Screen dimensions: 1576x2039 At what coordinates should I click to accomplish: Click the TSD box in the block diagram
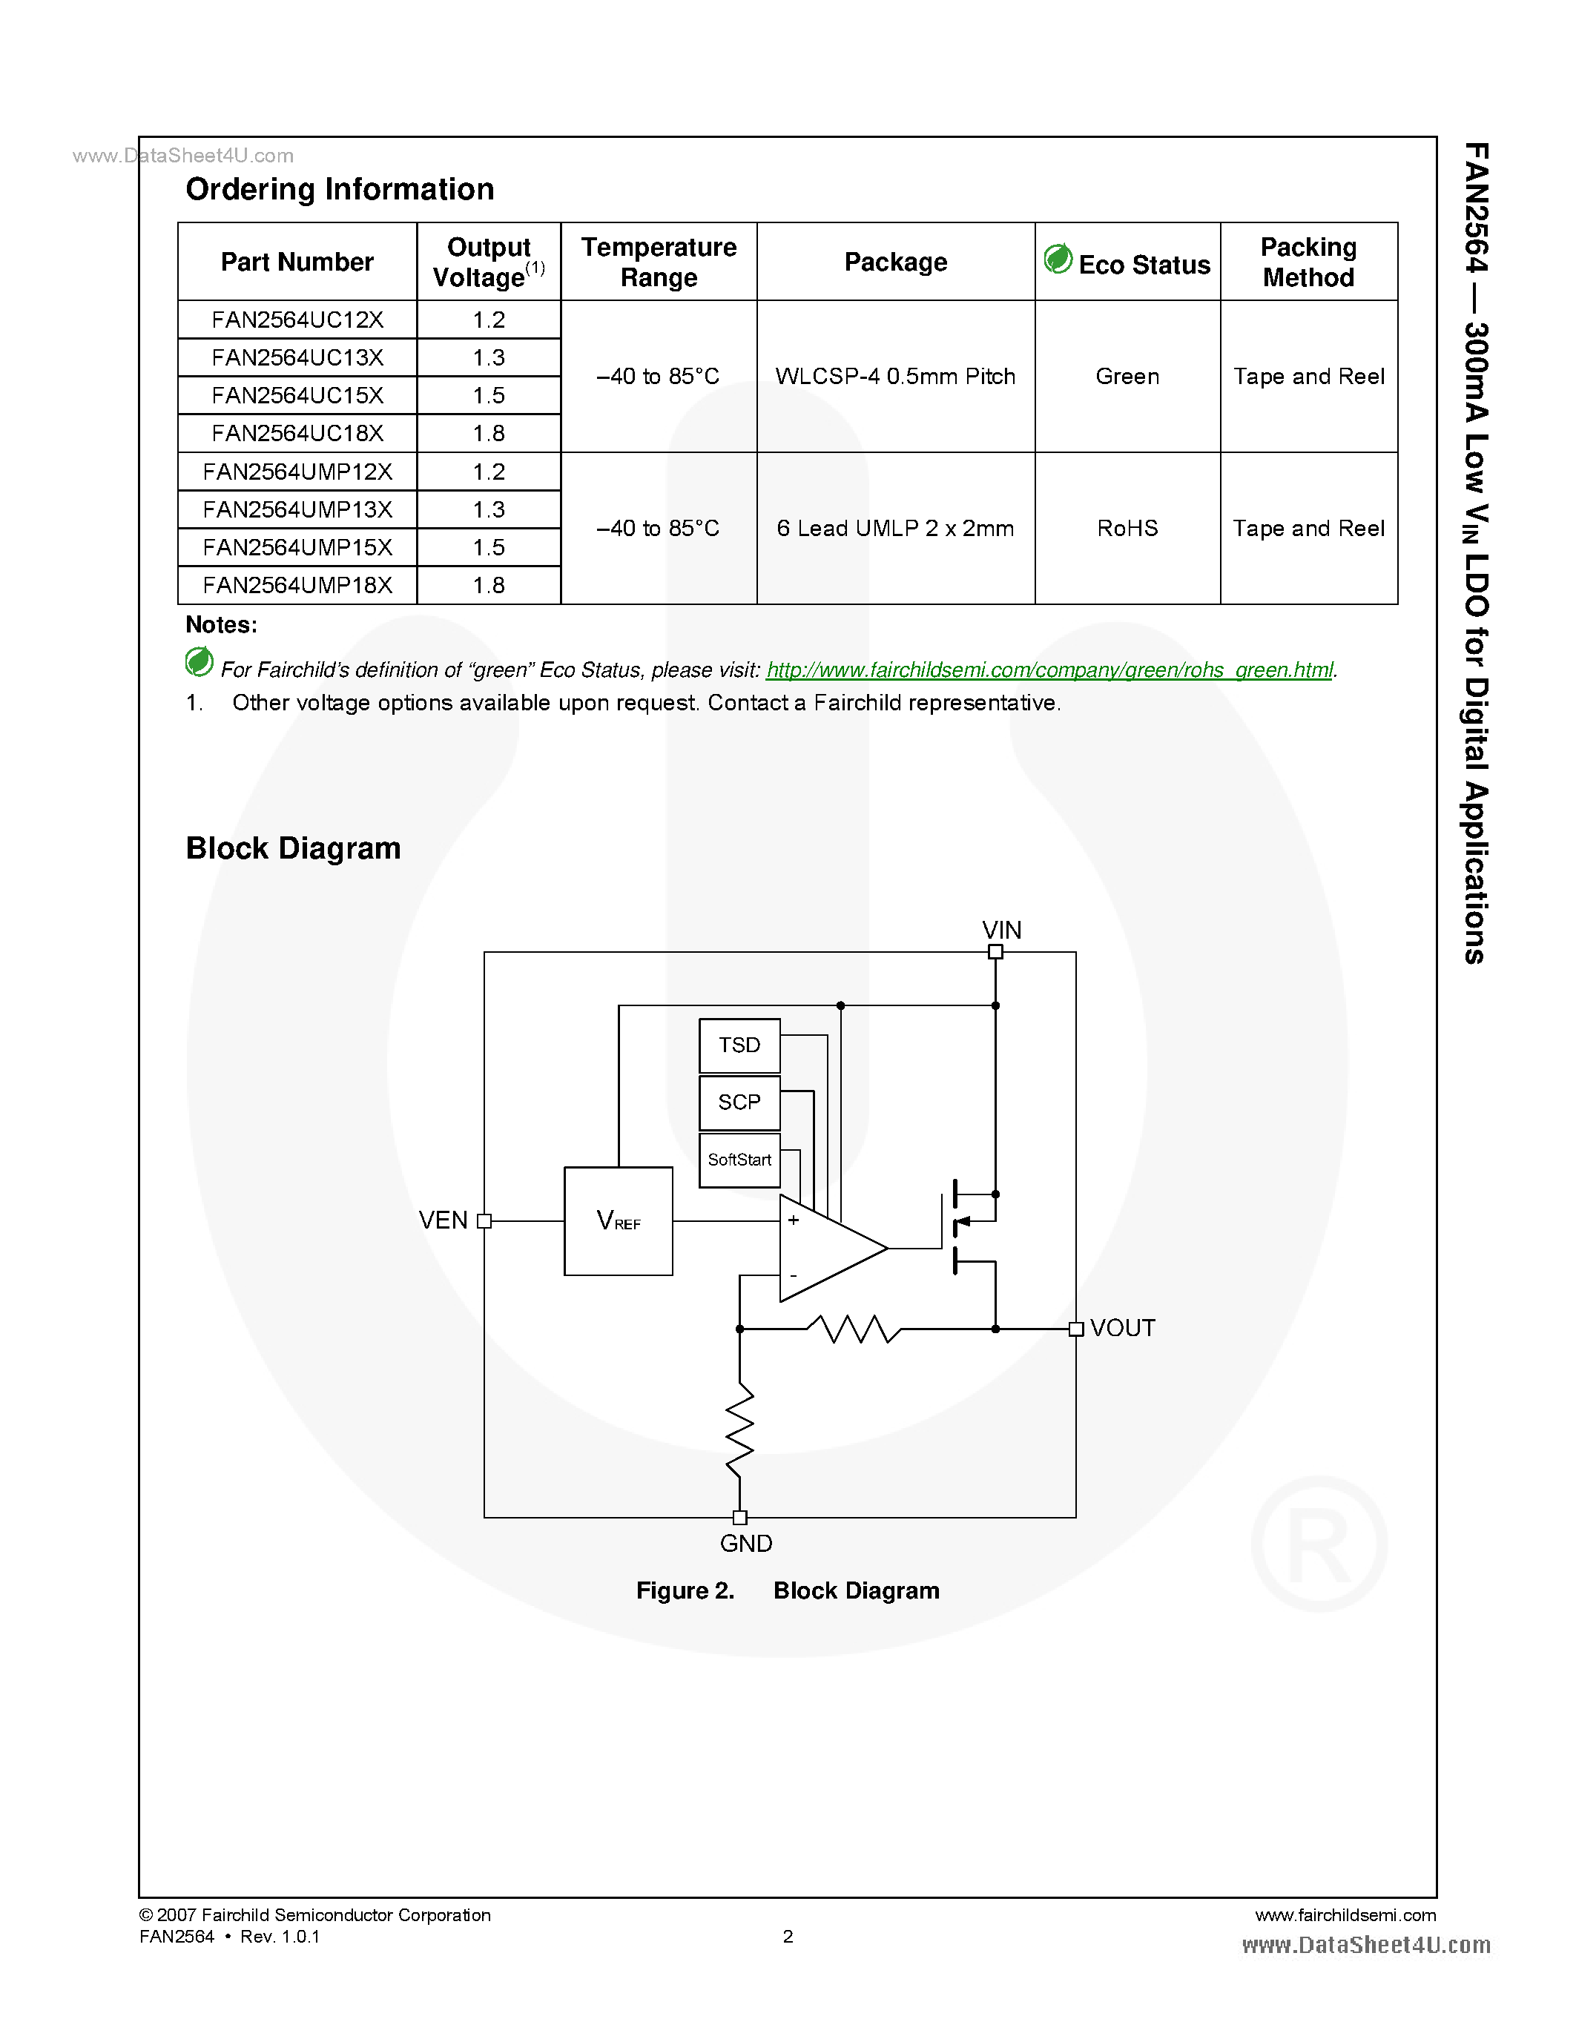click(x=739, y=1045)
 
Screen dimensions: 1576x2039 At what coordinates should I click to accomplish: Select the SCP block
click(x=739, y=1102)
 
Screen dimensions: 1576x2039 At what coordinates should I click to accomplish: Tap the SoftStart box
click(x=739, y=1160)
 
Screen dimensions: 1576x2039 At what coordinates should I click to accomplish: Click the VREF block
click(x=618, y=1220)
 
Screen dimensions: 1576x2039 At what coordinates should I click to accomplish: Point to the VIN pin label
click(x=1001, y=930)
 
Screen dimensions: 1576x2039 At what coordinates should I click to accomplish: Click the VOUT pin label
click(x=1122, y=1328)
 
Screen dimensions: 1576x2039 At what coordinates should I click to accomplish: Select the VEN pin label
click(x=443, y=1220)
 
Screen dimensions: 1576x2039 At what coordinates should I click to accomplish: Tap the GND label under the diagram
click(x=745, y=1543)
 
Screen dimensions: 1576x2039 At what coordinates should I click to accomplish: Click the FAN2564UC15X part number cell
click(x=297, y=395)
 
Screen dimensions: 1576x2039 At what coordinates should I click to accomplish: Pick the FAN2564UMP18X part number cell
click(x=297, y=584)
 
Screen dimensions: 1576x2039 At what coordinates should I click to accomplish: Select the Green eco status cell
click(x=1127, y=376)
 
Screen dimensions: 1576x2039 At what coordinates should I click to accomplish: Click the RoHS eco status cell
click(x=1127, y=529)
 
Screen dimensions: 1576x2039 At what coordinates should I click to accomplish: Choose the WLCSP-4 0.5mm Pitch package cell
click(x=894, y=376)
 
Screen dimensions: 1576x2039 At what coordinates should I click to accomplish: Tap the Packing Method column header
click(x=1308, y=262)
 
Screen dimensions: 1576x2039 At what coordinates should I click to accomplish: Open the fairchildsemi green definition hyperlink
click(x=1049, y=670)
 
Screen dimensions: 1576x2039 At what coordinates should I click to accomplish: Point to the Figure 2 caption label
click(x=685, y=1590)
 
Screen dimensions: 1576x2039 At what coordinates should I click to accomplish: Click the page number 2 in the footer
click(x=787, y=1936)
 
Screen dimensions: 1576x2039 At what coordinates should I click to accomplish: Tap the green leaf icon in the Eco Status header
click(x=1058, y=259)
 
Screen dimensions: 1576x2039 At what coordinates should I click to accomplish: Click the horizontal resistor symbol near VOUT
click(x=854, y=1329)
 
